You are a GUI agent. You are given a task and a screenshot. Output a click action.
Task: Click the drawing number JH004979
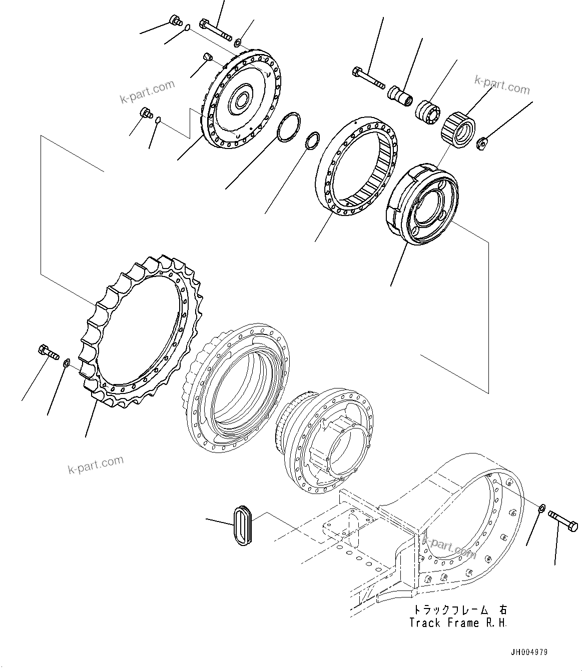tap(529, 652)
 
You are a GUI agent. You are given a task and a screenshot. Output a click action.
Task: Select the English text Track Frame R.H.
tap(457, 623)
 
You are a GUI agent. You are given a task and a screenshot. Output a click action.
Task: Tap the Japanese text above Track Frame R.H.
tap(459, 609)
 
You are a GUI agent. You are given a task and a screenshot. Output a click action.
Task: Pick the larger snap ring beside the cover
tap(289, 127)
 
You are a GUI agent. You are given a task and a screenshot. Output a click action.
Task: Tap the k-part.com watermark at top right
tap(501, 86)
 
